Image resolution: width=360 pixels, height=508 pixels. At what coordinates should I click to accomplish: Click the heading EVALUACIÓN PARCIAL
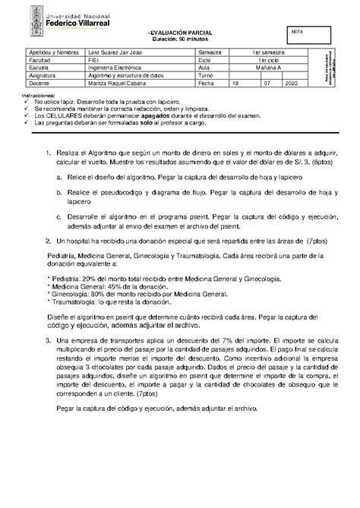pos(180,33)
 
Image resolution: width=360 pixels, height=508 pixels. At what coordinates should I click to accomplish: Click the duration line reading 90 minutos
pos(180,39)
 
